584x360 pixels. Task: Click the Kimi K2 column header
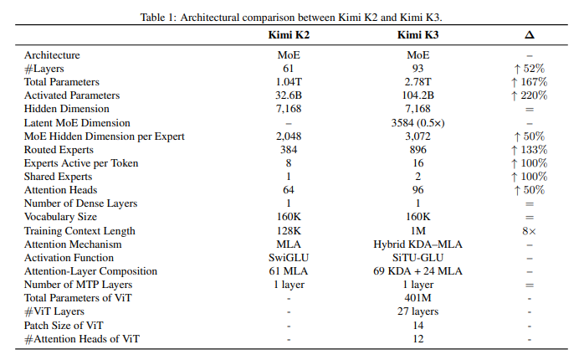click(x=289, y=35)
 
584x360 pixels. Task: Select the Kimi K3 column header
click(x=418, y=35)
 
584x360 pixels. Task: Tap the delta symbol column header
click(x=530, y=35)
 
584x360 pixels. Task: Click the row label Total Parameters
click(x=62, y=82)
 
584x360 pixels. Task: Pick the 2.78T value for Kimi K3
click(x=418, y=82)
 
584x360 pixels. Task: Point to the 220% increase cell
click(x=530, y=95)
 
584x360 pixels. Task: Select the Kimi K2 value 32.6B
click(x=289, y=95)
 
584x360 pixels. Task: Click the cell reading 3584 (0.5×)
click(x=418, y=123)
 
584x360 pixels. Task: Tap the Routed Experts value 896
click(x=418, y=150)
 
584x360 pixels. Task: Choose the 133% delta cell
click(x=530, y=150)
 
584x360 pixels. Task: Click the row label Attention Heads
click(x=61, y=190)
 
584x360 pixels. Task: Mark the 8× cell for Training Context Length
click(x=530, y=231)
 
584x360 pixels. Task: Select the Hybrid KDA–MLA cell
click(x=418, y=244)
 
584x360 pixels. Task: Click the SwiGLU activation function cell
click(x=289, y=258)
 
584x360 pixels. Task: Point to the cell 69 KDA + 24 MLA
click(x=418, y=271)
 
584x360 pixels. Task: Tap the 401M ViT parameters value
click(x=418, y=298)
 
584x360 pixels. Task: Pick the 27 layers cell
click(x=418, y=311)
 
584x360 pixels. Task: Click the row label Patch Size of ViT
click(x=64, y=326)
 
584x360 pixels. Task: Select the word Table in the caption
click(x=153, y=18)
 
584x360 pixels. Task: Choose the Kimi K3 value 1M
click(x=418, y=231)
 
